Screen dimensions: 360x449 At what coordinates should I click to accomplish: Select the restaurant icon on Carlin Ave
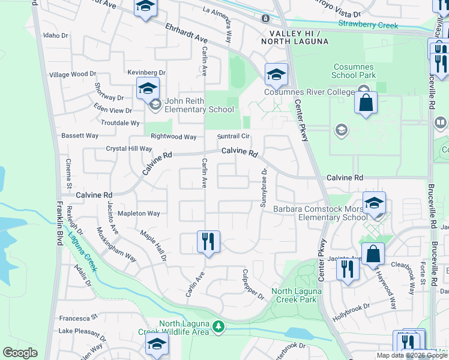point(208,242)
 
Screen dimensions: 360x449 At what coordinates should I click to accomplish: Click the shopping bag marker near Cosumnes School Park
point(365,103)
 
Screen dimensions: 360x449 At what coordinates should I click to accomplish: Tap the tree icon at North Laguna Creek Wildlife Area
point(219,326)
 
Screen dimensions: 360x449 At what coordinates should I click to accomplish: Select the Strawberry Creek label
point(368,25)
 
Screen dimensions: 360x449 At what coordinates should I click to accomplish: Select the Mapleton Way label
point(139,213)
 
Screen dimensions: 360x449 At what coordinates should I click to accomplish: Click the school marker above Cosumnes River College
point(276,74)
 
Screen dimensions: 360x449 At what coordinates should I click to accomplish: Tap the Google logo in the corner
point(20,353)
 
